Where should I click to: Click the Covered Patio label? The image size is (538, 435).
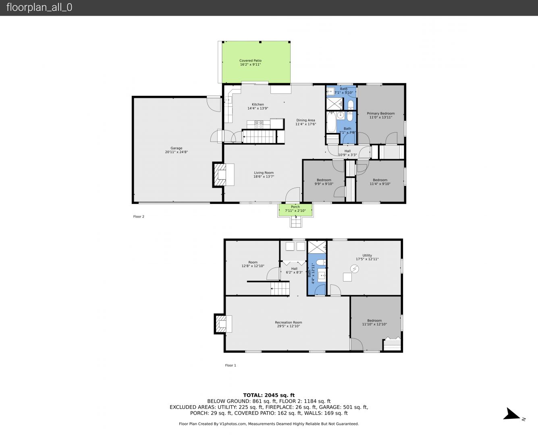coord(250,60)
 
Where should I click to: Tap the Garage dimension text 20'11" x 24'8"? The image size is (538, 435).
coord(176,152)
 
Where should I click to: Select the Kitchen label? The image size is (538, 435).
coord(258,104)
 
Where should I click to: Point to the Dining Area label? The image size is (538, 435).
coord(305,120)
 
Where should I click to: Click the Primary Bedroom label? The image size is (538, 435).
coord(381,113)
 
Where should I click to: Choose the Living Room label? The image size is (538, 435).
coord(264,173)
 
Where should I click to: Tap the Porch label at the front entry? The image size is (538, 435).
coord(295,207)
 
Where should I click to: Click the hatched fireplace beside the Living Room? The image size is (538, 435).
coord(219,175)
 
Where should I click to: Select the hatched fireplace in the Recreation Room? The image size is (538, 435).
coord(221,324)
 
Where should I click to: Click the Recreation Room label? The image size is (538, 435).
coord(289,322)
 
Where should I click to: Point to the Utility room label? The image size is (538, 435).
coord(367,255)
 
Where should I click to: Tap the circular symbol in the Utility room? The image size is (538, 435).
coord(355,269)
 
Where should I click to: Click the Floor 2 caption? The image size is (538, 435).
coord(139,216)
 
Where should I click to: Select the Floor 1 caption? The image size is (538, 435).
coord(231,365)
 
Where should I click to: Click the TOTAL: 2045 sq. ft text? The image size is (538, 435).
coord(269,395)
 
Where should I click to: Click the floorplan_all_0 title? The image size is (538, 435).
coord(39,7)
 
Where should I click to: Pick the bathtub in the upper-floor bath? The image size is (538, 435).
coord(331,122)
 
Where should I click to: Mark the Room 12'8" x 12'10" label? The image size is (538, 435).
coord(253,264)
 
